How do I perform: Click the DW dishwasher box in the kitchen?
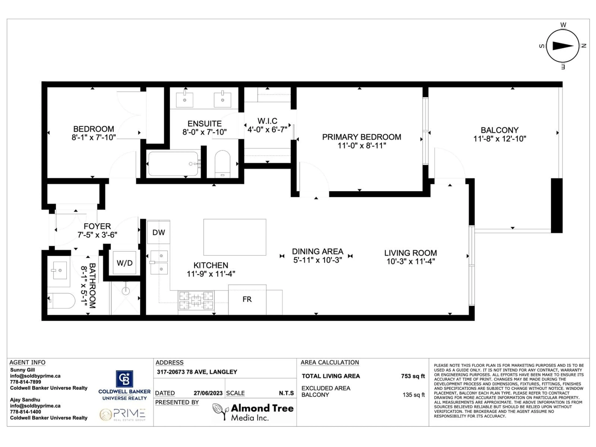pos(158,232)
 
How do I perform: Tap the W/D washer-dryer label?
pos(124,263)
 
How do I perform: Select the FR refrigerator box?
pos(247,299)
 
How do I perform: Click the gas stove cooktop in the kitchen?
pos(196,300)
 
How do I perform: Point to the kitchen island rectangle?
pos(235,237)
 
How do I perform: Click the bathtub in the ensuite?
pos(173,164)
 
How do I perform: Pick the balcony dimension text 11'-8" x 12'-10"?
pos(500,139)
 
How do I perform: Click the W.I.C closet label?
pos(267,121)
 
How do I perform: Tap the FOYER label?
pos(97,226)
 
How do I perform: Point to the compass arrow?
pos(563,46)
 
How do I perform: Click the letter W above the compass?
pos(563,25)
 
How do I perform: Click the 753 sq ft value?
pos(413,376)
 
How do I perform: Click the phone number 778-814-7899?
pos(26,382)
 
